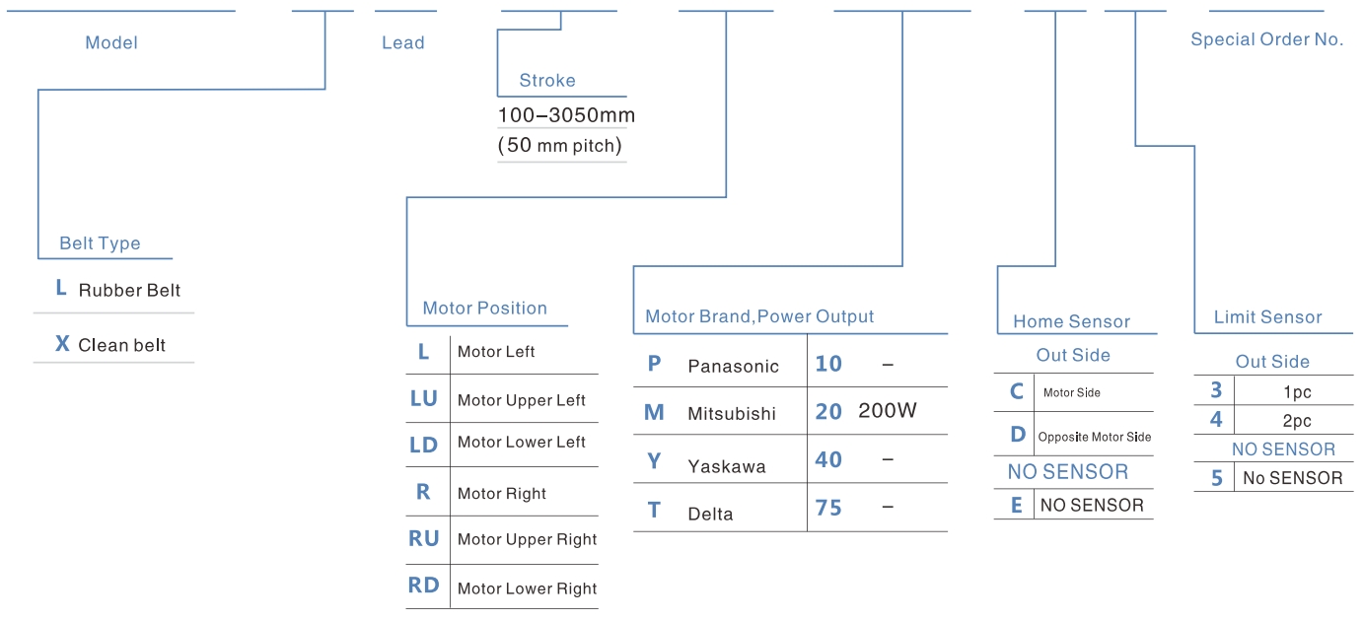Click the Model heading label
point(111,42)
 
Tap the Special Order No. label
point(1267,38)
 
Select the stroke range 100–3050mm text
point(566,115)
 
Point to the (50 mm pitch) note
point(560,145)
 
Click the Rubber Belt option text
point(129,290)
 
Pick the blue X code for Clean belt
point(62,344)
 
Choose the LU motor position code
point(424,398)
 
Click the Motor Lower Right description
point(527,588)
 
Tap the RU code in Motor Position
point(423,538)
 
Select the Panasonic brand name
point(733,366)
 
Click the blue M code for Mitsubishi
point(654,412)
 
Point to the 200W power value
point(888,411)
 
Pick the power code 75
point(828,508)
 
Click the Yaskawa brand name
point(727,466)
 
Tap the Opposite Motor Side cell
point(1095,437)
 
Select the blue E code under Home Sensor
point(1016,505)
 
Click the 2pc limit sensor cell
point(1297,420)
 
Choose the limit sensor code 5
point(1216,478)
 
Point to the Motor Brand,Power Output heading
point(759,316)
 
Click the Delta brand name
point(710,514)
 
